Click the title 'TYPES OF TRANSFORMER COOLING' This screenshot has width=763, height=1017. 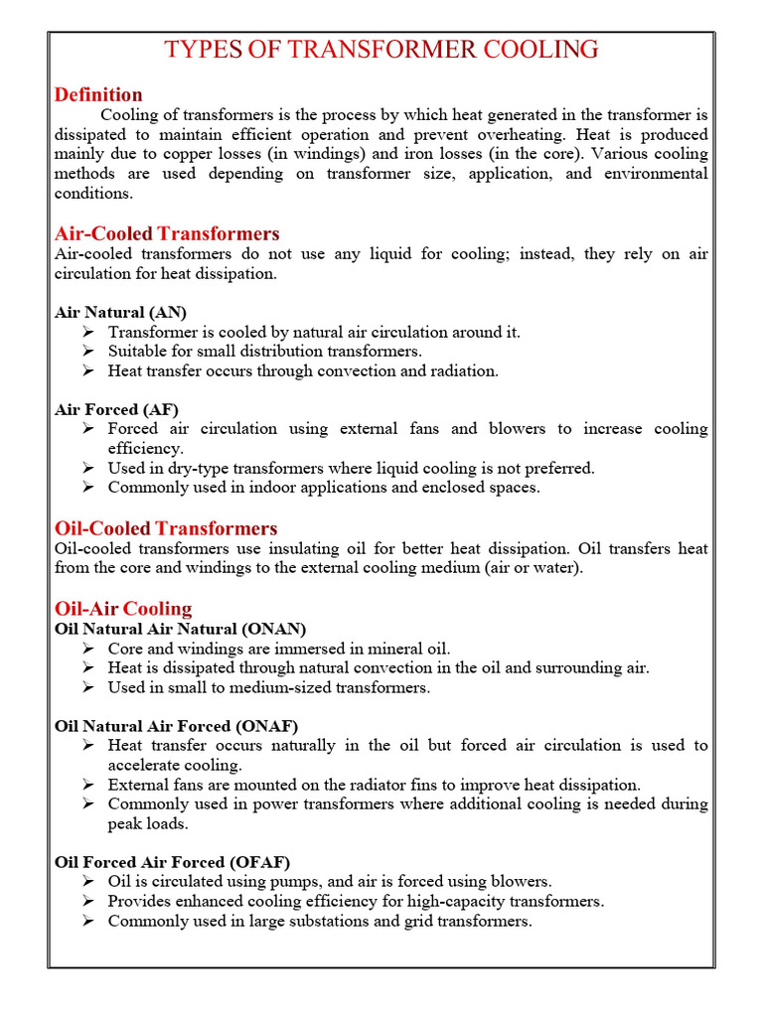(x=381, y=49)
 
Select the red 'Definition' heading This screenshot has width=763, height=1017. (x=98, y=94)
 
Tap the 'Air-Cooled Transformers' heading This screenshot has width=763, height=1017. (x=167, y=233)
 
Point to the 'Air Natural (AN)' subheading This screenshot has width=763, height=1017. (x=120, y=312)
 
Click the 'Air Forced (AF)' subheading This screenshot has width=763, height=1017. (x=116, y=409)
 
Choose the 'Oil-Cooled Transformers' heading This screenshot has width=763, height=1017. (x=166, y=528)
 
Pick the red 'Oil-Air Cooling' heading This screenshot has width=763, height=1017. (x=123, y=608)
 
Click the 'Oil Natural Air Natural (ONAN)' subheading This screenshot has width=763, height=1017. (x=181, y=629)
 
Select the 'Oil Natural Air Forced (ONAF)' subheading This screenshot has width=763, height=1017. (x=176, y=726)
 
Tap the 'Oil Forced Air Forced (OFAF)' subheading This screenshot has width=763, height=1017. (x=172, y=862)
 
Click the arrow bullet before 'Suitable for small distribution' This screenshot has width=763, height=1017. (x=88, y=352)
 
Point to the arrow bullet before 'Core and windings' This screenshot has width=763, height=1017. (x=88, y=649)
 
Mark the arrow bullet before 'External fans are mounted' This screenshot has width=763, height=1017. (x=88, y=785)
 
